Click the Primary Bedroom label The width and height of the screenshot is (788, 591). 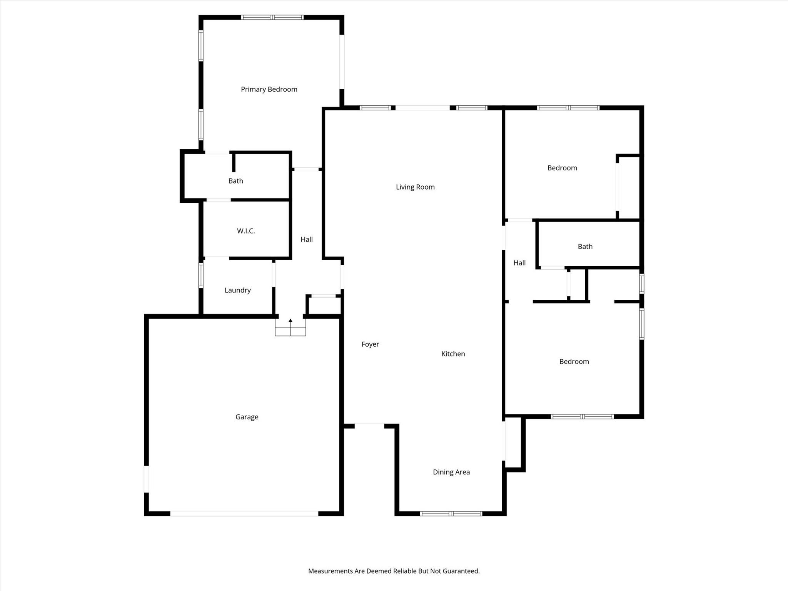coord(269,89)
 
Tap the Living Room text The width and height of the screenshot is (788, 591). coord(415,187)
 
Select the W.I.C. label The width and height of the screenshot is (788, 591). coord(246,231)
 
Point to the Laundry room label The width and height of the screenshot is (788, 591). coord(237,290)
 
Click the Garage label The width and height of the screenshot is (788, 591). coord(247,417)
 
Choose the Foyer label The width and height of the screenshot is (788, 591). coord(370,344)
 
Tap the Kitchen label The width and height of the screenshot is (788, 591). coord(453,354)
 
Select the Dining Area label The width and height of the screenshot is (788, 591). coord(451,472)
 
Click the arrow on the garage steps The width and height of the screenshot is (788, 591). coord(290,321)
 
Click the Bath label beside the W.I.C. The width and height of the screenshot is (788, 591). coord(235,181)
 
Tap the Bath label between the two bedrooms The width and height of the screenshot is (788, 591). coord(585,247)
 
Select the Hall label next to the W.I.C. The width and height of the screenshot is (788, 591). coord(307,239)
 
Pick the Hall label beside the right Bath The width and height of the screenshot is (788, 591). coord(519,263)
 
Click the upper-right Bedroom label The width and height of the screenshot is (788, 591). coord(562,168)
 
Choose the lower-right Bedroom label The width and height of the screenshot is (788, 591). coord(574,361)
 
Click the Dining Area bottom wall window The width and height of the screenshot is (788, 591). coord(451,513)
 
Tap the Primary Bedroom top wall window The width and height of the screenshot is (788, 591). coord(272,17)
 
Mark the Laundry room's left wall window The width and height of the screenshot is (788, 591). coord(201,275)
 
